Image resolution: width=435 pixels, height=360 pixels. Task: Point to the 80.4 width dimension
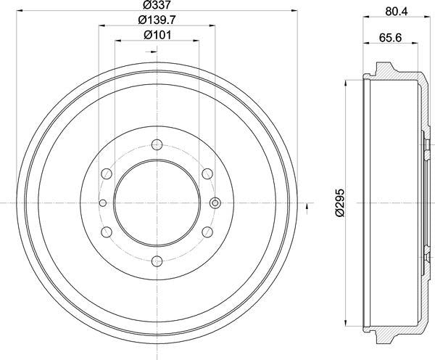(397, 10)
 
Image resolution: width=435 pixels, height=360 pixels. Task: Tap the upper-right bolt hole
(207, 173)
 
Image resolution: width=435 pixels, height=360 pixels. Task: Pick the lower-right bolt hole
(207, 232)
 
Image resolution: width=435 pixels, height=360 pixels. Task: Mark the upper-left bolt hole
(105, 173)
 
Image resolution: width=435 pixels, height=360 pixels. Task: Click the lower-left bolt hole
(105, 232)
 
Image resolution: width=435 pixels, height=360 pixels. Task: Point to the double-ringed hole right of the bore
(215, 202)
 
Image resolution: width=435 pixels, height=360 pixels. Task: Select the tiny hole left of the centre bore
(102, 202)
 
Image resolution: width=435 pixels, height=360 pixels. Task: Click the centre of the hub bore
(156, 202)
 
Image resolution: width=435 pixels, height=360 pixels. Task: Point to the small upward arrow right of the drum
(310, 210)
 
